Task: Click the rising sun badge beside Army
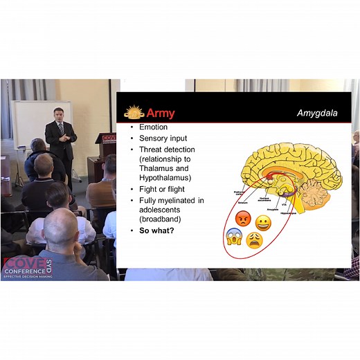[x=134, y=112]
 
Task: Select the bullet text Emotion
[x=153, y=127]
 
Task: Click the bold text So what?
[x=156, y=229]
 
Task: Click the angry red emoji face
[x=242, y=219]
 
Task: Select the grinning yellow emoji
[x=263, y=222]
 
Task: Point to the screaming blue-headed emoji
[x=234, y=237]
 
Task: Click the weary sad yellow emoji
[x=254, y=240]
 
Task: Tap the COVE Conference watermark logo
[x=28, y=267]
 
